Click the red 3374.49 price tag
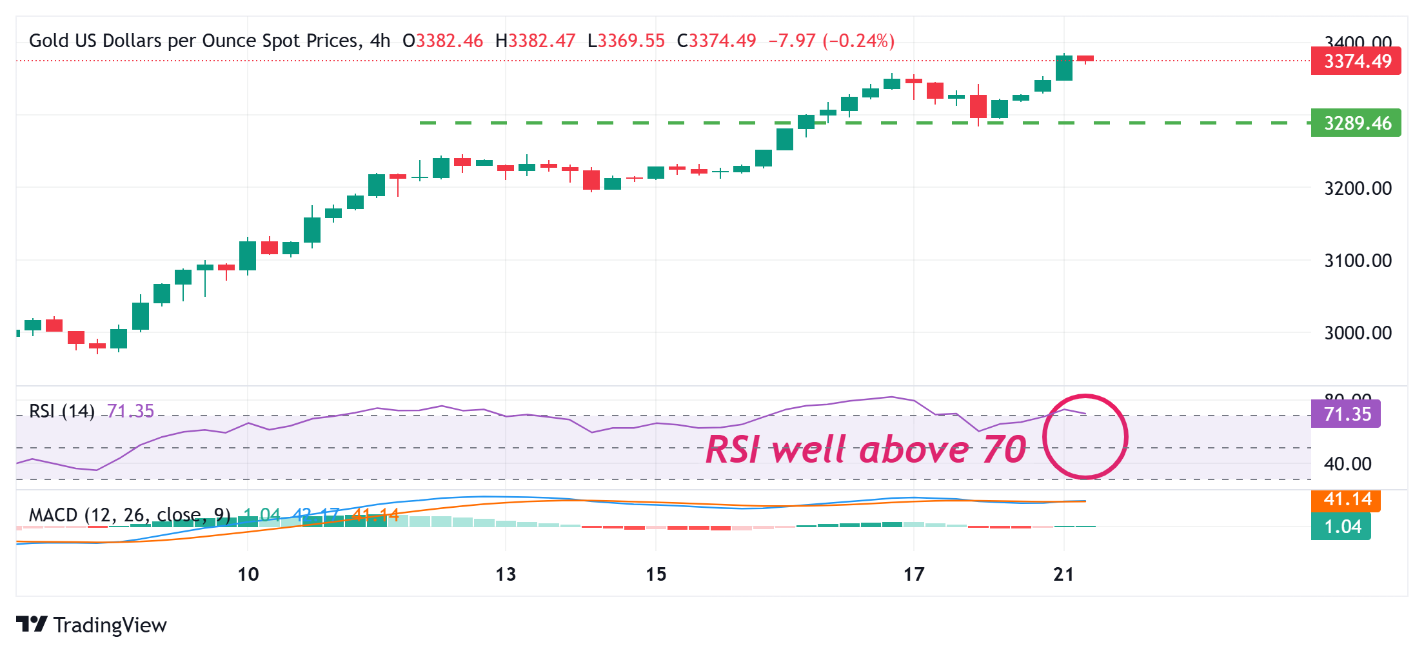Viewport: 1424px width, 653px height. coord(1356,61)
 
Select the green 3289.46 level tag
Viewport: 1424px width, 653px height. coord(1356,123)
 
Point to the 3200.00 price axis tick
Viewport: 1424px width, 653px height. coord(1358,188)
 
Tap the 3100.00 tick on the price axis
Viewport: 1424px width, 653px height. coord(1358,261)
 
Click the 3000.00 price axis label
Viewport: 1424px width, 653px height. coord(1358,333)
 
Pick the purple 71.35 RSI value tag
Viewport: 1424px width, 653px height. coord(1346,414)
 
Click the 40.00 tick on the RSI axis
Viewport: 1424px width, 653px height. coord(1347,464)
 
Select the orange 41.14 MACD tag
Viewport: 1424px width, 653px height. coord(1346,500)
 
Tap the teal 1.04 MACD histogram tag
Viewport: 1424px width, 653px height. coord(1341,527)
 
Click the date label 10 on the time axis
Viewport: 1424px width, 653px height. coord(248,574)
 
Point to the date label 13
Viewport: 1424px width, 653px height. coord(506,574)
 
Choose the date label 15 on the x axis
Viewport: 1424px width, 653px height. coord(656,574)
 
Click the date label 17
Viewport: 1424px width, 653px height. coord(914,574)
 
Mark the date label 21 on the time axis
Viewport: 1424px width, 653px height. coord(1063,574)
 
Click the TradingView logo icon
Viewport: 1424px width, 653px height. coord(32,624)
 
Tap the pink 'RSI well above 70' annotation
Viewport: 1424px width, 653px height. coord(865,450)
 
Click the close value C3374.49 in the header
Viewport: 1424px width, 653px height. coord(716,41)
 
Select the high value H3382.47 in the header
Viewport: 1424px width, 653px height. coord(535,41)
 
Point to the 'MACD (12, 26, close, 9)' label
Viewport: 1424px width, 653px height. coord(130,515)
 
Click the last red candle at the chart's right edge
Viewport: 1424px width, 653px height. coord(1085,59)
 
